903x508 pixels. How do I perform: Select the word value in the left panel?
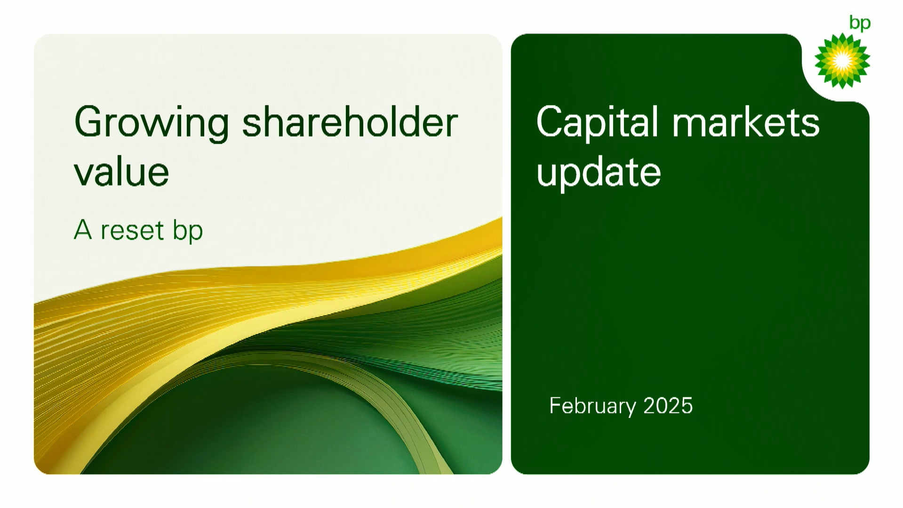pos(121,172)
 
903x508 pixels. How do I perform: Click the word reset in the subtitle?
pos(132,231)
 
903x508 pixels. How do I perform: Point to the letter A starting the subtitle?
pos(83,230)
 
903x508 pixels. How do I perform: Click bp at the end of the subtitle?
pos(188,232)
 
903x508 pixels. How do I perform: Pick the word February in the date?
pos(592,406)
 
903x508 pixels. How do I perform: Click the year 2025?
pos(668,406)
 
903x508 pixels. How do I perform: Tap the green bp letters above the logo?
pos(860,23)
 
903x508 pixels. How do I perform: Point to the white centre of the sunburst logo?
pos(842,61)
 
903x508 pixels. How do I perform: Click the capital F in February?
pos(555,405)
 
